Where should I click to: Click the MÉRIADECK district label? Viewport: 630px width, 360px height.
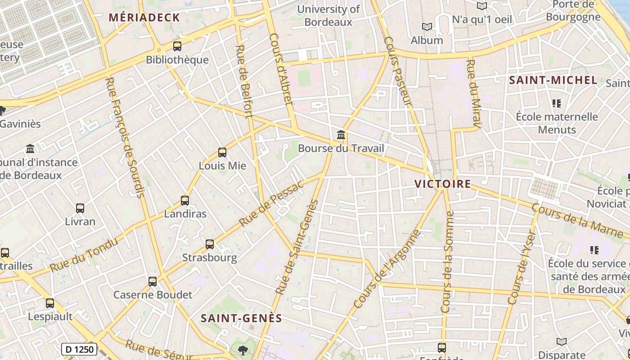tap(144, 18)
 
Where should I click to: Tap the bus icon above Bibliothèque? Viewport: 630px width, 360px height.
tap(177, 46)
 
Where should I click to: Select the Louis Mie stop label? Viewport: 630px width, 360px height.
tap(222, 166)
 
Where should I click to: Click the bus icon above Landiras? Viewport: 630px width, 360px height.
tap(185, 201)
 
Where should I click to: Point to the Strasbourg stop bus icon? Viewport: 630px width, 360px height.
tap(210, 244)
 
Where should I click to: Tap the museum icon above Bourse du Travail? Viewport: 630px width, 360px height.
tap(341, 135)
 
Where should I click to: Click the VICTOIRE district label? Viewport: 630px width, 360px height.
tap(442, 184)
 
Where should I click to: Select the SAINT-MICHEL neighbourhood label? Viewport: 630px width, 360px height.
tap(553, 81)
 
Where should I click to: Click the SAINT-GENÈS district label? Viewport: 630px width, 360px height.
tap(241, 318)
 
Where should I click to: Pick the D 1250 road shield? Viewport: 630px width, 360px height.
tap(79, 349)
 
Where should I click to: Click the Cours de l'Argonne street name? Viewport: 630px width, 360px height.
tap(387, 269)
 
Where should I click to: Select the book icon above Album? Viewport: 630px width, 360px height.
tap(427, 27)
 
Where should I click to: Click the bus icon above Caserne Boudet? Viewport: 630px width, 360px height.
tap(153, 282)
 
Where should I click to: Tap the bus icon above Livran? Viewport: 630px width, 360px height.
tap(80, 208)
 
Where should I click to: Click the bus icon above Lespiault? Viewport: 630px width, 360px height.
tap(50, 303)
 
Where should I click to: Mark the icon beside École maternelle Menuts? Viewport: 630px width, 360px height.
tap(557, 104)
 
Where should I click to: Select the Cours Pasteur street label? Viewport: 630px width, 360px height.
tap(398, 72)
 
